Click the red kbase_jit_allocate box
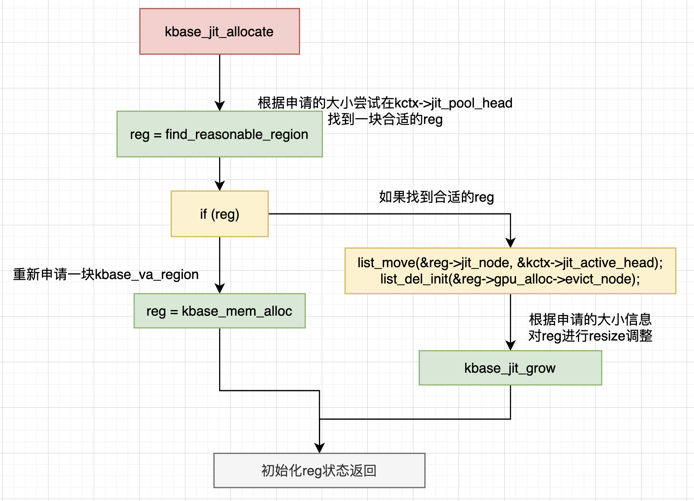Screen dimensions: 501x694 [220, 31]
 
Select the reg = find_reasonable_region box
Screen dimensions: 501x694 [220, 134]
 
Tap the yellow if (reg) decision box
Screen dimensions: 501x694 [220, 214]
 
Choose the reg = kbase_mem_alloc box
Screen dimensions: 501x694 [220, 311]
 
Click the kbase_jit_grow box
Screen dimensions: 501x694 [510, 368]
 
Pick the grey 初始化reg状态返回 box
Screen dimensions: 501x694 [319, 470]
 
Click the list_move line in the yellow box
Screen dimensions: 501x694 [510, 263]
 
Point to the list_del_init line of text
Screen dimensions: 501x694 [510, 279]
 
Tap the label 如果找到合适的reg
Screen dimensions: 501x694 [436, 197]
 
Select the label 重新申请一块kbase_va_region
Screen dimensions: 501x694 [106, 275]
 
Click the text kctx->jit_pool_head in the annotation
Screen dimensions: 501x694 [453, 103]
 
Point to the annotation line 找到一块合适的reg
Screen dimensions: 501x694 [385, 119]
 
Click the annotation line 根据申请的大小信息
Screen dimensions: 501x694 [590, 319]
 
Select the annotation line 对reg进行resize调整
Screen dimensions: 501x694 [590, 336]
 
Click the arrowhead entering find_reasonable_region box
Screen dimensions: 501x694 [220, 106]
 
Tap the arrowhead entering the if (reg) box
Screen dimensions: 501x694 [220, 186]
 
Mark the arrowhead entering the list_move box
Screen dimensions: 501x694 [510, 243]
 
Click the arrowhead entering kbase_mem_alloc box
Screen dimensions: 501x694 [220, 289]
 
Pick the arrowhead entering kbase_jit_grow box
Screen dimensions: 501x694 [510, 346]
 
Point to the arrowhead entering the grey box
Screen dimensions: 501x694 [320, 448]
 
